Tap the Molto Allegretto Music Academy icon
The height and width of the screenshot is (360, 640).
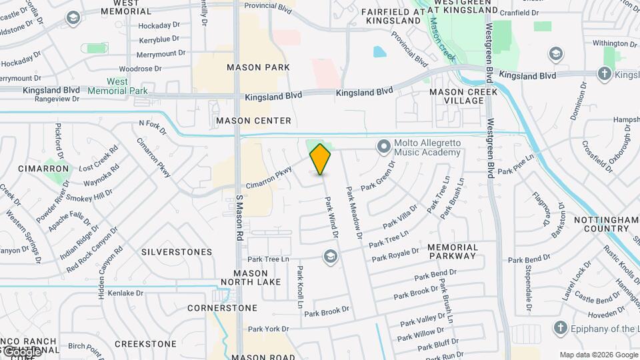click(383, 145)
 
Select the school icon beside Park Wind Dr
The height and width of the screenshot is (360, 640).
click(330, 256)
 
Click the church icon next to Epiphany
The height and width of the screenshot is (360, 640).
click(560, 329)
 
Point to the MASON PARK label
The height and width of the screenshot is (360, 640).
click(258, 67)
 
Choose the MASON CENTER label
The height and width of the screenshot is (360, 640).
click(253, 121)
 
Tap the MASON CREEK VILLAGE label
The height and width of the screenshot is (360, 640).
click(457, 96)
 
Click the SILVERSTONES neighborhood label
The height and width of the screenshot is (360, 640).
click(177, 252)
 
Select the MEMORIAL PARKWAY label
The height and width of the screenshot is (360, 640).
click(453, 251)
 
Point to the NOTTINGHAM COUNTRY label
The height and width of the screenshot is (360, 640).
click(602, 224)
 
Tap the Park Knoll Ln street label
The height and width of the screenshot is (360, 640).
click(301, 287)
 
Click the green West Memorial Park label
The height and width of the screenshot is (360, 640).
click(117, 86)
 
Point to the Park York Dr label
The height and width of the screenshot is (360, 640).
click(268, 329)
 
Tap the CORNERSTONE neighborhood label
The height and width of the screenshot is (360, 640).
click(222, 308)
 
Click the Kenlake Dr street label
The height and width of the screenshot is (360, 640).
click(126, 293)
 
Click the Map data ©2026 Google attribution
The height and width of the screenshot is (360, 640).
click(599, 355)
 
